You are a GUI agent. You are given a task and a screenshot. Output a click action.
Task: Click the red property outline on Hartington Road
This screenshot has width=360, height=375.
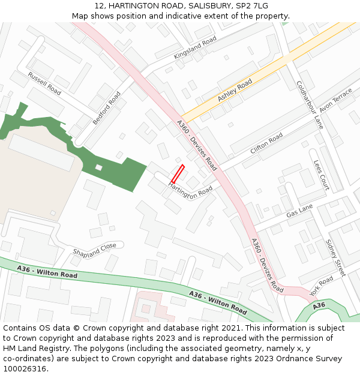coord(178,173)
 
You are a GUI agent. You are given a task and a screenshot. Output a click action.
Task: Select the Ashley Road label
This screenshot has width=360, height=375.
coord(235,91)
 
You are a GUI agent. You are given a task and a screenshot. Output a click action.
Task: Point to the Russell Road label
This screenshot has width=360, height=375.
coord(44,83)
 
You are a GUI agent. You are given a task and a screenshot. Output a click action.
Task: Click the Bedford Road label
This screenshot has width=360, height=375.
coord(107,108)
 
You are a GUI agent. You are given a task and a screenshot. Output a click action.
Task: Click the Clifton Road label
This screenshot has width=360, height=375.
coord(266,143)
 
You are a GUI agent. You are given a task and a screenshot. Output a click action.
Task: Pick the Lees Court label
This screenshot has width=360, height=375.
coord(322,175)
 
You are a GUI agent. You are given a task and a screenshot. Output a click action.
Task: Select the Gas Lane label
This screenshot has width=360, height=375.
coord(299,211)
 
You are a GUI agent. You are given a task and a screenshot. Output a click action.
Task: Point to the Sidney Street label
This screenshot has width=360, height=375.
coord(335,257)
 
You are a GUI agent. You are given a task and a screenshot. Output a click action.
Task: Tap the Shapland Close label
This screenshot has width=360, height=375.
coord(95,250)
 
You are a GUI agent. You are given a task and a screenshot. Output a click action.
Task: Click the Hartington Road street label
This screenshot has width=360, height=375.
coord(191,191)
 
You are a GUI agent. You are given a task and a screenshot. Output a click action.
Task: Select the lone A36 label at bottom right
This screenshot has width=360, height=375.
coord(319,305)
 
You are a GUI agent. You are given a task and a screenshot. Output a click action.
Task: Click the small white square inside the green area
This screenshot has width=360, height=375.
coord(99,167)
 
